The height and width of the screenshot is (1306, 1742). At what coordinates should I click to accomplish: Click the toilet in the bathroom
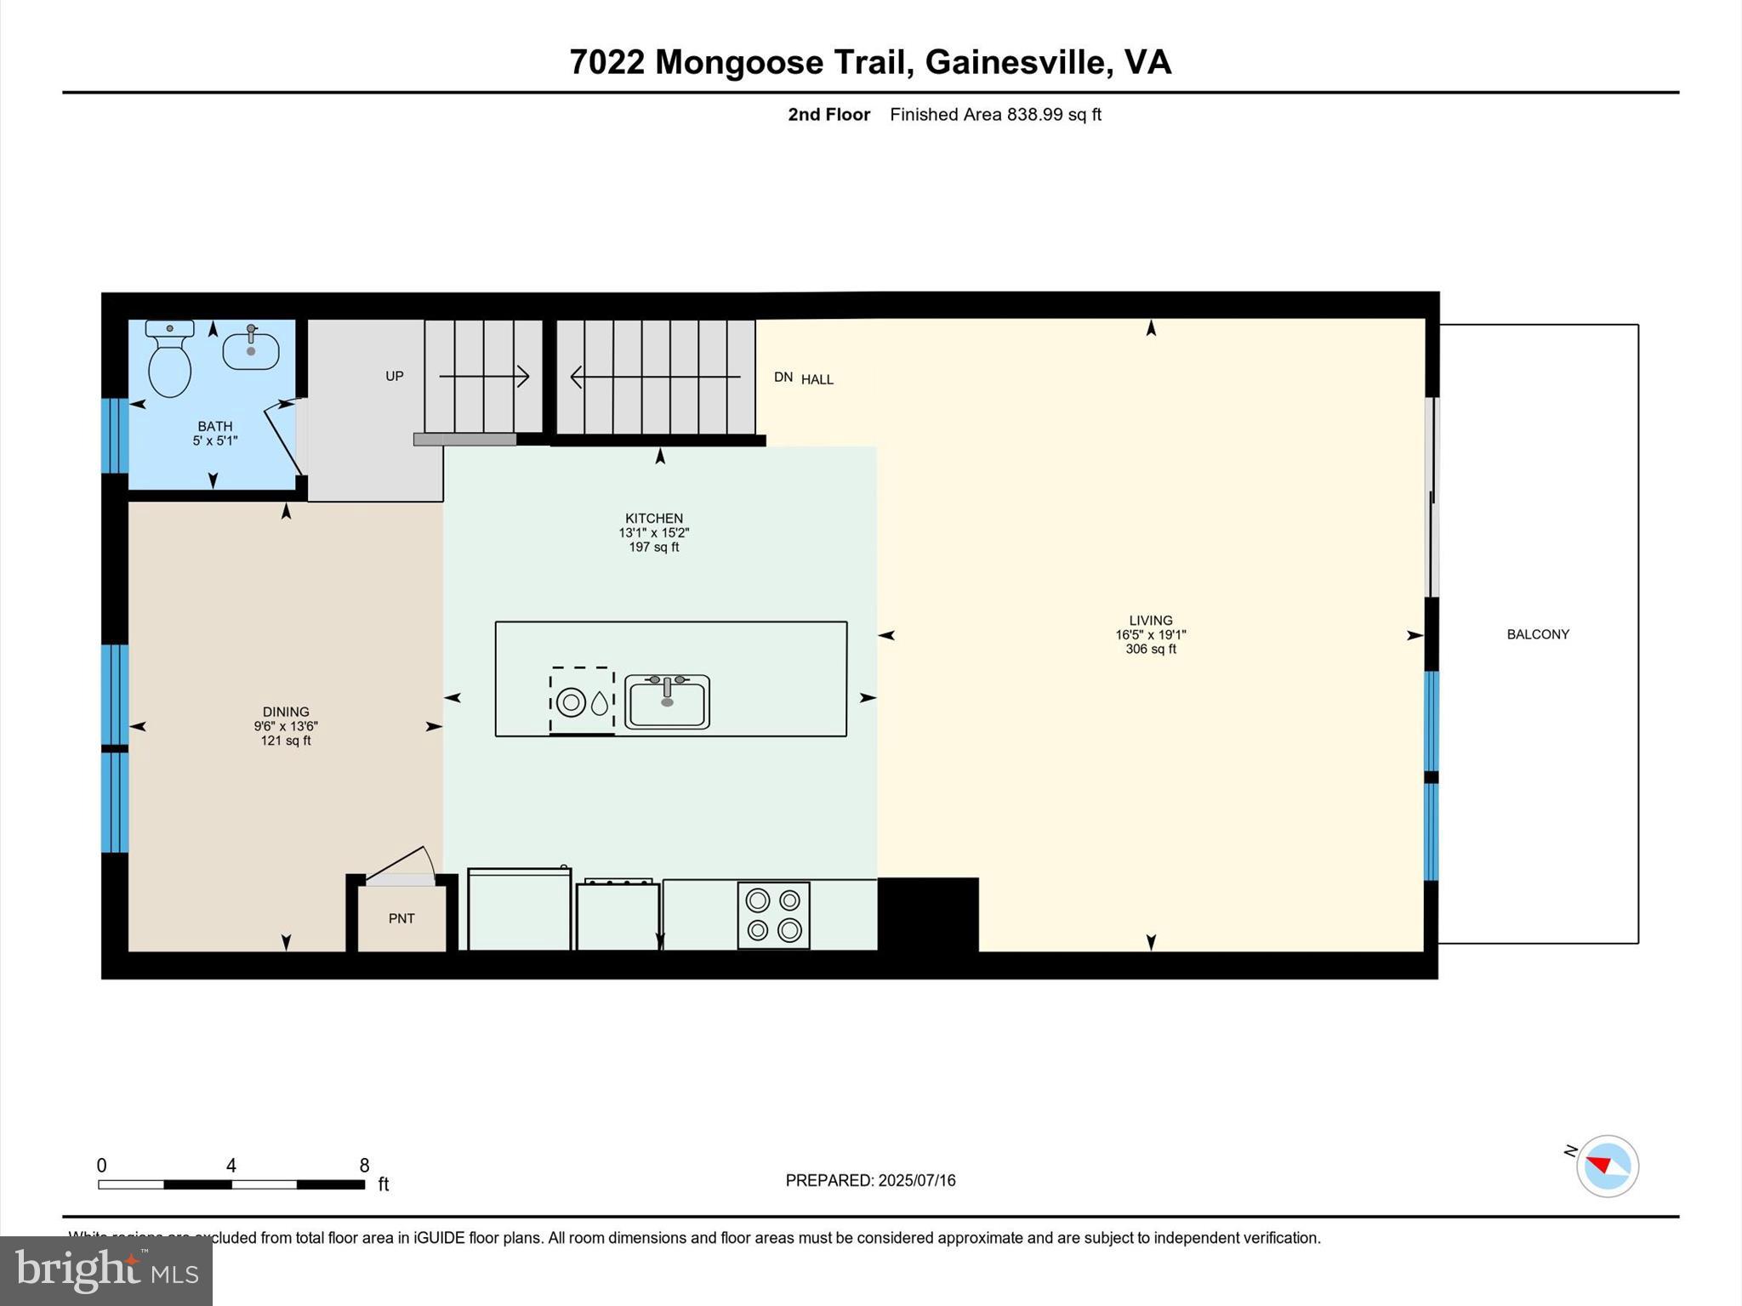click(169, 361)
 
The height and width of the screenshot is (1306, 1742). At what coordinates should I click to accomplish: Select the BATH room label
click(214, 426)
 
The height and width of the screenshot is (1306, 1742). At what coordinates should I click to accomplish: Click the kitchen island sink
click(667, 701)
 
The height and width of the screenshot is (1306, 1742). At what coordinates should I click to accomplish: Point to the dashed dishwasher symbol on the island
click(582, 701)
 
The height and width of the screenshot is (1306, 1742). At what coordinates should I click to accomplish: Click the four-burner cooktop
click(773, 915)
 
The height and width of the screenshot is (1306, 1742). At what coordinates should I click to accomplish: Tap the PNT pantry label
click(401, 918)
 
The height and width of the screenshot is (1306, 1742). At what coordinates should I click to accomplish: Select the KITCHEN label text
click(653, 518)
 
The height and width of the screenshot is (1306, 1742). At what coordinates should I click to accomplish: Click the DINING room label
click(286, 712)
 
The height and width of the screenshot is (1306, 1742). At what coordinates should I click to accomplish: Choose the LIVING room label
click(1150, 621)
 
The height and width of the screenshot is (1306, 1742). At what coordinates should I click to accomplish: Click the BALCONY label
click(1537, 634)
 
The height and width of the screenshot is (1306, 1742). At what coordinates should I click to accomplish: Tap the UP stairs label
click(394, 376)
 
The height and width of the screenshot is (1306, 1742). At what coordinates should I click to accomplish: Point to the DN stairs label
click(783, 377)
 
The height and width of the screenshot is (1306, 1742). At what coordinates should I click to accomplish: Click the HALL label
click(817, 379)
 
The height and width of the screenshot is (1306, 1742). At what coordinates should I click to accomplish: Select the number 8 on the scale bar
click(364, 1166)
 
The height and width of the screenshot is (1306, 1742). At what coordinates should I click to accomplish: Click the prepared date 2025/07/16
click(916, 1180)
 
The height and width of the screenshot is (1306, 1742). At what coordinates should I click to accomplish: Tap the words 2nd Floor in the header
click(828, 114)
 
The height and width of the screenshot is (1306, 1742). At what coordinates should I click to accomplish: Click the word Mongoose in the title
click(738, 62)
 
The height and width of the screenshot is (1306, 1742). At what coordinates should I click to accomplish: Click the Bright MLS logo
click(106, 1270)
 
